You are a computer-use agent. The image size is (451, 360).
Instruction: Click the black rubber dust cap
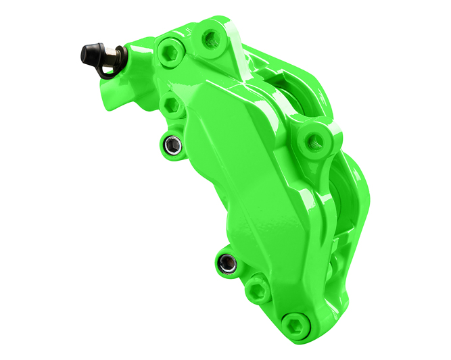coord(93,53)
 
